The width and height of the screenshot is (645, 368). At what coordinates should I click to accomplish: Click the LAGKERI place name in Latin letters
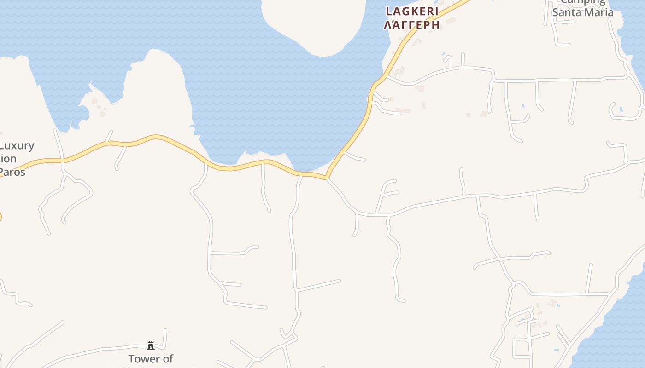point(412,11)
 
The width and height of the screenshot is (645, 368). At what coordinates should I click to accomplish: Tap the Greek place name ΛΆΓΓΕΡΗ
point(412,25)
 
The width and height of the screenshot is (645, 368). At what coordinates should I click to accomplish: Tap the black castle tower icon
point(151,345)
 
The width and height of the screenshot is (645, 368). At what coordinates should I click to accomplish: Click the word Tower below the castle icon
point(143,359)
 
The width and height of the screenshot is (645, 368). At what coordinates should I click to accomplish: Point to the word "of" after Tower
point(168,359)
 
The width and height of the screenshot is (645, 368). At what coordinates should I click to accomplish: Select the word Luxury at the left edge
point(17,146)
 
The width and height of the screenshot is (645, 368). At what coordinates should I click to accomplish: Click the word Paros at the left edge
point(12,172)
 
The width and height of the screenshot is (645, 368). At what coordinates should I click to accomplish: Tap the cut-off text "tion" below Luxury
point(8,159)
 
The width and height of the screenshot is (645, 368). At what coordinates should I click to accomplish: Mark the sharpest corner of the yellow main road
point(327,177)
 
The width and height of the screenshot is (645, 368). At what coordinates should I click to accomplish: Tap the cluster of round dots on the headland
point(98,107)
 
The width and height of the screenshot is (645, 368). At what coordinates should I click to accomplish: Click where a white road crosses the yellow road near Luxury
point(62,161)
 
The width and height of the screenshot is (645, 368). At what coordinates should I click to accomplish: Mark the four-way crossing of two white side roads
point(501,260)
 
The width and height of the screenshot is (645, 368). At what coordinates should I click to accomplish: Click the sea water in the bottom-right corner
point(617,336)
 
